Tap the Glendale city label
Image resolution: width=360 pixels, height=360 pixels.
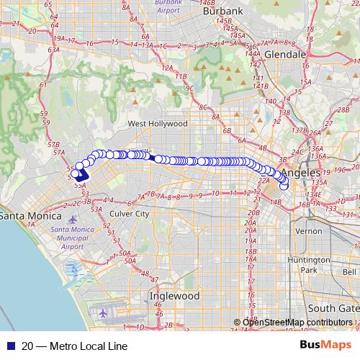[x=285, y=54]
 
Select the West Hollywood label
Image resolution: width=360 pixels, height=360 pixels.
[x=158, y=124]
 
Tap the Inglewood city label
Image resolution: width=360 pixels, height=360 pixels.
[x=174, y=296]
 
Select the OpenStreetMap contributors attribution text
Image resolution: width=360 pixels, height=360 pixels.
[x=298, y=323]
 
